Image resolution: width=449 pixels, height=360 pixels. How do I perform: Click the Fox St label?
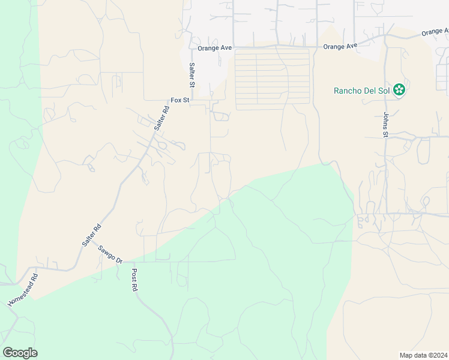tap(179, 100)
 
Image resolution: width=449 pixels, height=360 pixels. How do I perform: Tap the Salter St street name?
tap(192, 75)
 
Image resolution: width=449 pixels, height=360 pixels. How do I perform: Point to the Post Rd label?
tap(134, 280)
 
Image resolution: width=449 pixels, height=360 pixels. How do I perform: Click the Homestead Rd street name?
tap(23, 290)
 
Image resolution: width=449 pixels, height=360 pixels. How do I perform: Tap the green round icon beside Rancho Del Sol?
tap(400, 91)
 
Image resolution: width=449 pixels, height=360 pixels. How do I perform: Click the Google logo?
tap(20, 353)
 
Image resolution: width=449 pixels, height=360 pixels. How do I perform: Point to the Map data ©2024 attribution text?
tap(423, 355)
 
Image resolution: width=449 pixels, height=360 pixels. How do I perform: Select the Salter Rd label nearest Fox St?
tap(161, 118)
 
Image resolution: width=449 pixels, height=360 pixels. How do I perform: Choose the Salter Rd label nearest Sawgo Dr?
tap(92, 236)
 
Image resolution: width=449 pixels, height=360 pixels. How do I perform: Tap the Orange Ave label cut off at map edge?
tap(435, 31)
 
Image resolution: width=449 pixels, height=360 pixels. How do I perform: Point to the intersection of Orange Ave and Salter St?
tap(191, 46)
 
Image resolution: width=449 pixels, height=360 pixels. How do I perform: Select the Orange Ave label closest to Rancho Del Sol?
tap(340, 46)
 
